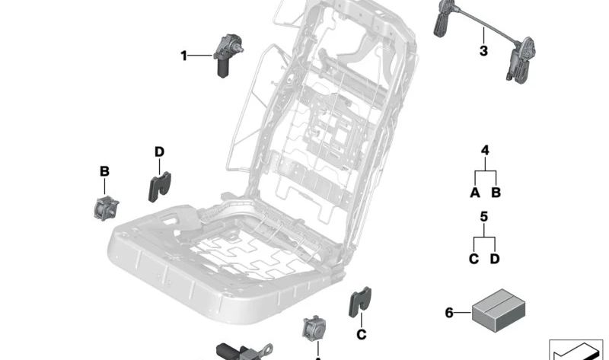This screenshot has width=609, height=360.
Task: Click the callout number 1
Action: [x=183, y=55]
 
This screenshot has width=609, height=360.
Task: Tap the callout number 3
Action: [x=483, y=52]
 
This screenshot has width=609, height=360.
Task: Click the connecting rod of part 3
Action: [x=483, y=30]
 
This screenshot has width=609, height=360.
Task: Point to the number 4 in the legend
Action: [x=485, y=151]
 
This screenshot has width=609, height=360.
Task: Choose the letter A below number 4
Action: [x=475, y=193]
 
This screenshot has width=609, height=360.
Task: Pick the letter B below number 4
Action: [x=496, y=193]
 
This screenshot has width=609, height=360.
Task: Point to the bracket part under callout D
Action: [x=159, y=186]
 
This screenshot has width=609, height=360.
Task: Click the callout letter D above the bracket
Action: [x=159, y=152]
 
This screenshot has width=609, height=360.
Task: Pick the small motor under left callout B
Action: [x=104, y=206]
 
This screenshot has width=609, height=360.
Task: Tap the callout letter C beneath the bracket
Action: [x=362, y=334]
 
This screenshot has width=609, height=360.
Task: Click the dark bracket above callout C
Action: [x=359, y=302]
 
